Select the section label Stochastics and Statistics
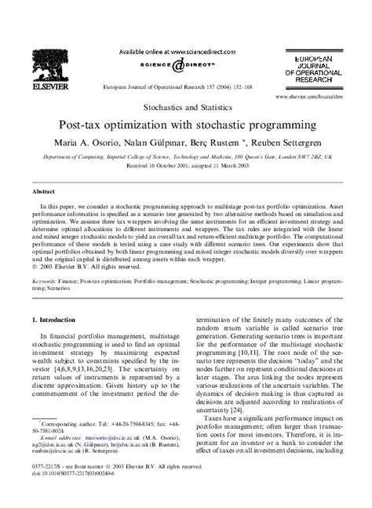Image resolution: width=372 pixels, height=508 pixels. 185,104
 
